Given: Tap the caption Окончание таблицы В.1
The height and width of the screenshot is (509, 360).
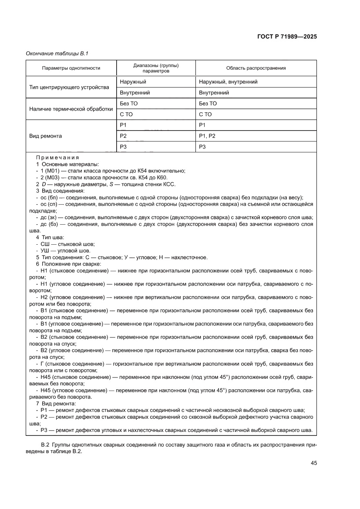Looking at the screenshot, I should (58, 53).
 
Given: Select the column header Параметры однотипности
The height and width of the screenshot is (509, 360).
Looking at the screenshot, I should (71, 68).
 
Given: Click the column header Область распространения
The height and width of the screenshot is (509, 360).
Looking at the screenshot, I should (256, 68).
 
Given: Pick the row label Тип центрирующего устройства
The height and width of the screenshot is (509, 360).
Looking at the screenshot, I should (69, 87).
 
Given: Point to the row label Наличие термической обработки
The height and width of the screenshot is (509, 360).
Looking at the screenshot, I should (71, 109).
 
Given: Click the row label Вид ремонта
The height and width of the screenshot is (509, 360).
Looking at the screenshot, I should (45, 136).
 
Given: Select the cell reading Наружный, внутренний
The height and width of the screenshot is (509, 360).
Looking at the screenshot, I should (228, 81).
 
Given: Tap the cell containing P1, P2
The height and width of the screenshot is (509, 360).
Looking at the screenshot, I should (207, 136).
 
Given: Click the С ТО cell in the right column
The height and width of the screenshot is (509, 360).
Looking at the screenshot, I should (205, 115).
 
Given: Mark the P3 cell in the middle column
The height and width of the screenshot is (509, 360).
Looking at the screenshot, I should (123, 147).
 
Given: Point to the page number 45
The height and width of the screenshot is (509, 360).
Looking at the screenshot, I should (313, 463).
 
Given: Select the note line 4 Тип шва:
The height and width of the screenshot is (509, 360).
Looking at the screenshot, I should (50, 237).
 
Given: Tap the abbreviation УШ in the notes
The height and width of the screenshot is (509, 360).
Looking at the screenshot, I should (45, 251).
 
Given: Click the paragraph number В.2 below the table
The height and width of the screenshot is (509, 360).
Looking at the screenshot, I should (45, 445).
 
